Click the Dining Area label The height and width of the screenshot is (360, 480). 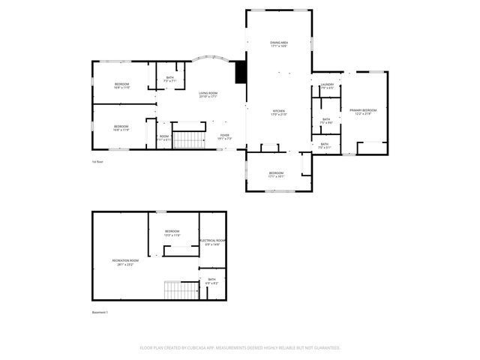(x=279, y=44)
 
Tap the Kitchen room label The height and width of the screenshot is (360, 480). (x=278, y=112)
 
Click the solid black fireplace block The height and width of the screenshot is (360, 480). (x=241, y=72)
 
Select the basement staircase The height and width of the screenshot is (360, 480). (x=180, y=289)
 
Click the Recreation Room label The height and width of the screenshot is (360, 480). (x=123, y=262)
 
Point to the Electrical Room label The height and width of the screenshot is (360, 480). (x=213, y=242)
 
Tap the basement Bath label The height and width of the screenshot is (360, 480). (x=211, y=281)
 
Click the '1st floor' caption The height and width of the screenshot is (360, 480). (x=97, y=162)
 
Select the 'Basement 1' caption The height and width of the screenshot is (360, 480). (x=100, y=312)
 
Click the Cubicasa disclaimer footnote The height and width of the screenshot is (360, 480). (x=240, y=348)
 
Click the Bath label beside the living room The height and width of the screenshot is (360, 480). (x=170, y=79)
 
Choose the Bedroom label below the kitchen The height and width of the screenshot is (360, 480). (x=276, y=175)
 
